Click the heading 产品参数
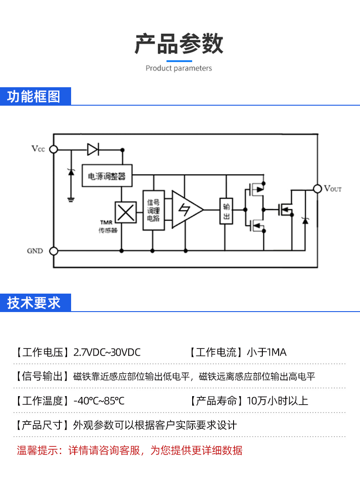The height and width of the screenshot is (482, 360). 179,44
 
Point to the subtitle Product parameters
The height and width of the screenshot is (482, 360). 179,68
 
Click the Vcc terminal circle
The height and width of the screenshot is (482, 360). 54,149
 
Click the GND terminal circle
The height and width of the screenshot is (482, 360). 54,251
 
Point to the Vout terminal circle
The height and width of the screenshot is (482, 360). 317,189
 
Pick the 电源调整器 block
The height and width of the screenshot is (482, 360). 107,176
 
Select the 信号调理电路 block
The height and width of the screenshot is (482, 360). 153,210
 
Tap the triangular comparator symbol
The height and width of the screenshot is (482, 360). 186,210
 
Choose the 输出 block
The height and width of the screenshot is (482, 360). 225,211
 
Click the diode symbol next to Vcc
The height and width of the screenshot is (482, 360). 93,149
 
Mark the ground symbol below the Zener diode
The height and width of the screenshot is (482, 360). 71,198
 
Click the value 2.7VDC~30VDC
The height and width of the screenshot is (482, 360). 107,352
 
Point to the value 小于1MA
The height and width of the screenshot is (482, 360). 266,352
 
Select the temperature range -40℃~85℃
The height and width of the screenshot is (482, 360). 99,401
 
